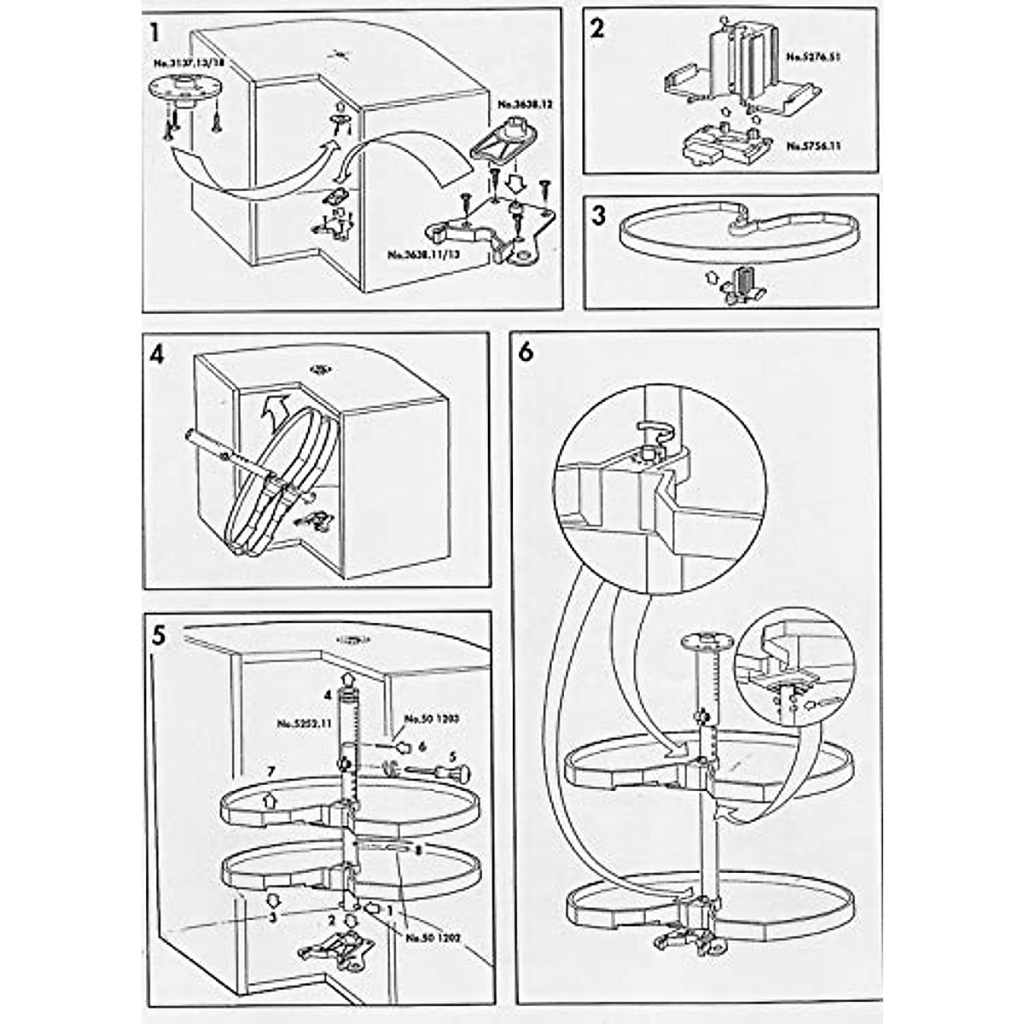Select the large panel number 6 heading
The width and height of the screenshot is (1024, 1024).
(x=526, y=352)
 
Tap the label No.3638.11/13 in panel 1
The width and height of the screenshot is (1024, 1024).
(x=418, y=254)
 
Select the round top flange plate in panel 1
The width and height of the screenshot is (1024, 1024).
(x=183, y=88)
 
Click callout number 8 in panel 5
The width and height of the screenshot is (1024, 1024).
(x=417, y=851)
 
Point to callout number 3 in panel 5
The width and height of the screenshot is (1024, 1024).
(x=272, y=916)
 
